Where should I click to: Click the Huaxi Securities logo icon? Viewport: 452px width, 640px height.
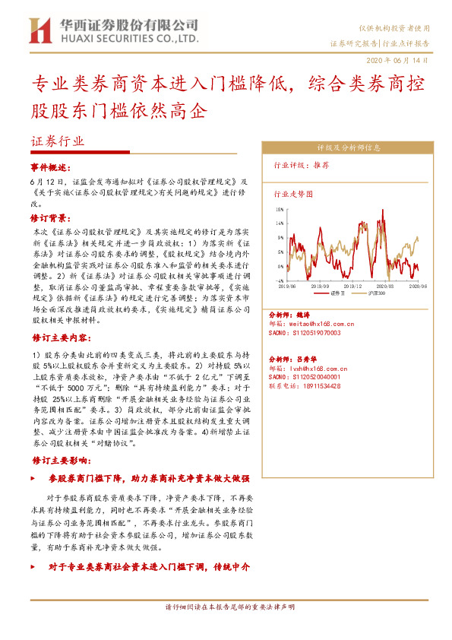coord(39,31)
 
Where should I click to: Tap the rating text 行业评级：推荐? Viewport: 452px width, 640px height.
coord(302,164)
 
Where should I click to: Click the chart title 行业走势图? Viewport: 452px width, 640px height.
coord(292,194)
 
